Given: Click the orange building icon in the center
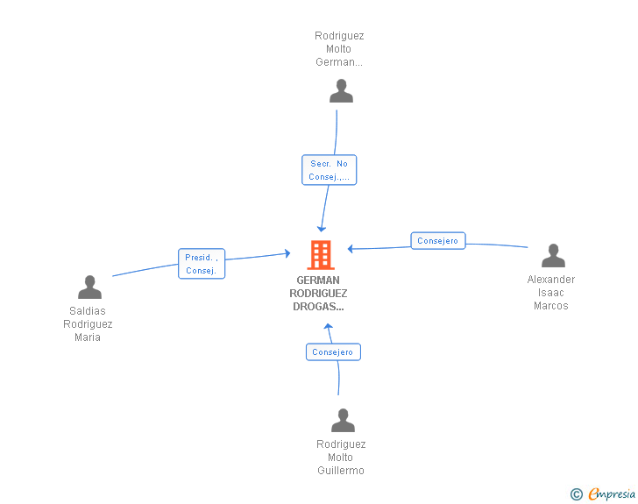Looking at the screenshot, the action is click(321, 255).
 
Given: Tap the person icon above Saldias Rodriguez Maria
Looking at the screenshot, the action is click(89, 287).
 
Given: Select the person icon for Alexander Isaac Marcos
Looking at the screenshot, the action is click(553, 256).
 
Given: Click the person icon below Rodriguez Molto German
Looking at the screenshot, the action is click(341, 91).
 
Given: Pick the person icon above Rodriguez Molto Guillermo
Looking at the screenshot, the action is click(343, 420).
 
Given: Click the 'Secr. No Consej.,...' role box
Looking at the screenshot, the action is click(330, 170).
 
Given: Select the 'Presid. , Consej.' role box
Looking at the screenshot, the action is click(202, 264).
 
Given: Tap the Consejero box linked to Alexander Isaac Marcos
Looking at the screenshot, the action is click(438, 240).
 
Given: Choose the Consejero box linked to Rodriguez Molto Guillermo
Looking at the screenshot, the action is click(333, 352).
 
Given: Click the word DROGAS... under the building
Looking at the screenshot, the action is click(318, 307).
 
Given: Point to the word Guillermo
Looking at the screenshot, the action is click(341, 471).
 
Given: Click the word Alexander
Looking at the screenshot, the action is click(551, 280).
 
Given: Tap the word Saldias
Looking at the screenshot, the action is click(88, 311).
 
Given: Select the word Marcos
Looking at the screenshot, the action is click(551, 306).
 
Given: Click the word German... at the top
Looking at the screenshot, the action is click(339, 62).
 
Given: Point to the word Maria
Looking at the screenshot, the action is click(88, 337).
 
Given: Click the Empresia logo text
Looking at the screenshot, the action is click(612, 493).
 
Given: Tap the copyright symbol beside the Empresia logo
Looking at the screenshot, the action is click(577, 494).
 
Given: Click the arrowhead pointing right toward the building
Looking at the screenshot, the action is click(287, 253).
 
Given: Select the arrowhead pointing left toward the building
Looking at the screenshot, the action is click(351, 248).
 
